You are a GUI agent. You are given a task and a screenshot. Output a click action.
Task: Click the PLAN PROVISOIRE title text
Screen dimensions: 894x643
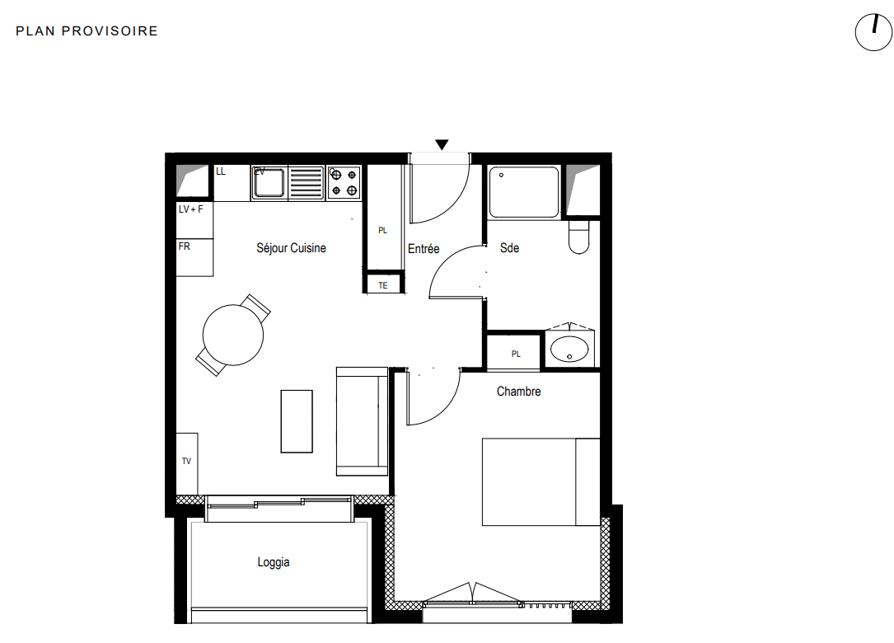87,31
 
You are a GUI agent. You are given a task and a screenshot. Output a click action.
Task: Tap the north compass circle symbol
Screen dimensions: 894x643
873,32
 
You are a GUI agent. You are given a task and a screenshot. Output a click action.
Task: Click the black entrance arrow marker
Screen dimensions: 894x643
442,144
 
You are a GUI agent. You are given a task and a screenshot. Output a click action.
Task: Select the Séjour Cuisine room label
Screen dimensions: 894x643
291,248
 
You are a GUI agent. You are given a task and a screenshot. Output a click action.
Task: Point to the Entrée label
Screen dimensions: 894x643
424,249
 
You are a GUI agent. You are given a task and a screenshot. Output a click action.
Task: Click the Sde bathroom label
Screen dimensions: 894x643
509,248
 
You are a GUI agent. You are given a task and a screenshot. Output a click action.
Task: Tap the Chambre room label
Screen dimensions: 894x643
518,392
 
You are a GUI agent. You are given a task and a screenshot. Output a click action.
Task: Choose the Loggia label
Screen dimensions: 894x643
273,562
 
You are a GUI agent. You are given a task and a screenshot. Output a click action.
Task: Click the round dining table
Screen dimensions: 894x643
233,335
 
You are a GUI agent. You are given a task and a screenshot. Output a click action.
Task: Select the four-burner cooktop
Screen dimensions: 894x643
344,182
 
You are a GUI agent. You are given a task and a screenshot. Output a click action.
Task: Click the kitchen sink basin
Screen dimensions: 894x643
269,182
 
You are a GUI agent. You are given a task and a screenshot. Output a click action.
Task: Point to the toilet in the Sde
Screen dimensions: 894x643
578,237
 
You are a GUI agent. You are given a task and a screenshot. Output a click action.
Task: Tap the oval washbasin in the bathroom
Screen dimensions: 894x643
569,349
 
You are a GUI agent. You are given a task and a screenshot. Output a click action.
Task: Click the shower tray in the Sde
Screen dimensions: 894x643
524,192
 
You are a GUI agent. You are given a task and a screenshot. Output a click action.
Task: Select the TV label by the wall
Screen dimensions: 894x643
186,461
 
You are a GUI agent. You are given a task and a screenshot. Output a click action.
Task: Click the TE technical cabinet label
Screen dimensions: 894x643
383,285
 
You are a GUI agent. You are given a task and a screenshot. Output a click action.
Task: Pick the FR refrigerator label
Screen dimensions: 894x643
185,246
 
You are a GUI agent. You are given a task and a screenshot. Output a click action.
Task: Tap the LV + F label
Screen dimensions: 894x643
190,209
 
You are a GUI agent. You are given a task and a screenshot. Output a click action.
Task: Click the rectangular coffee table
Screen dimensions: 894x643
297,421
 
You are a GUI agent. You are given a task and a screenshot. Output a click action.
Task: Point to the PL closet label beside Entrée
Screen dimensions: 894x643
382,231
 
